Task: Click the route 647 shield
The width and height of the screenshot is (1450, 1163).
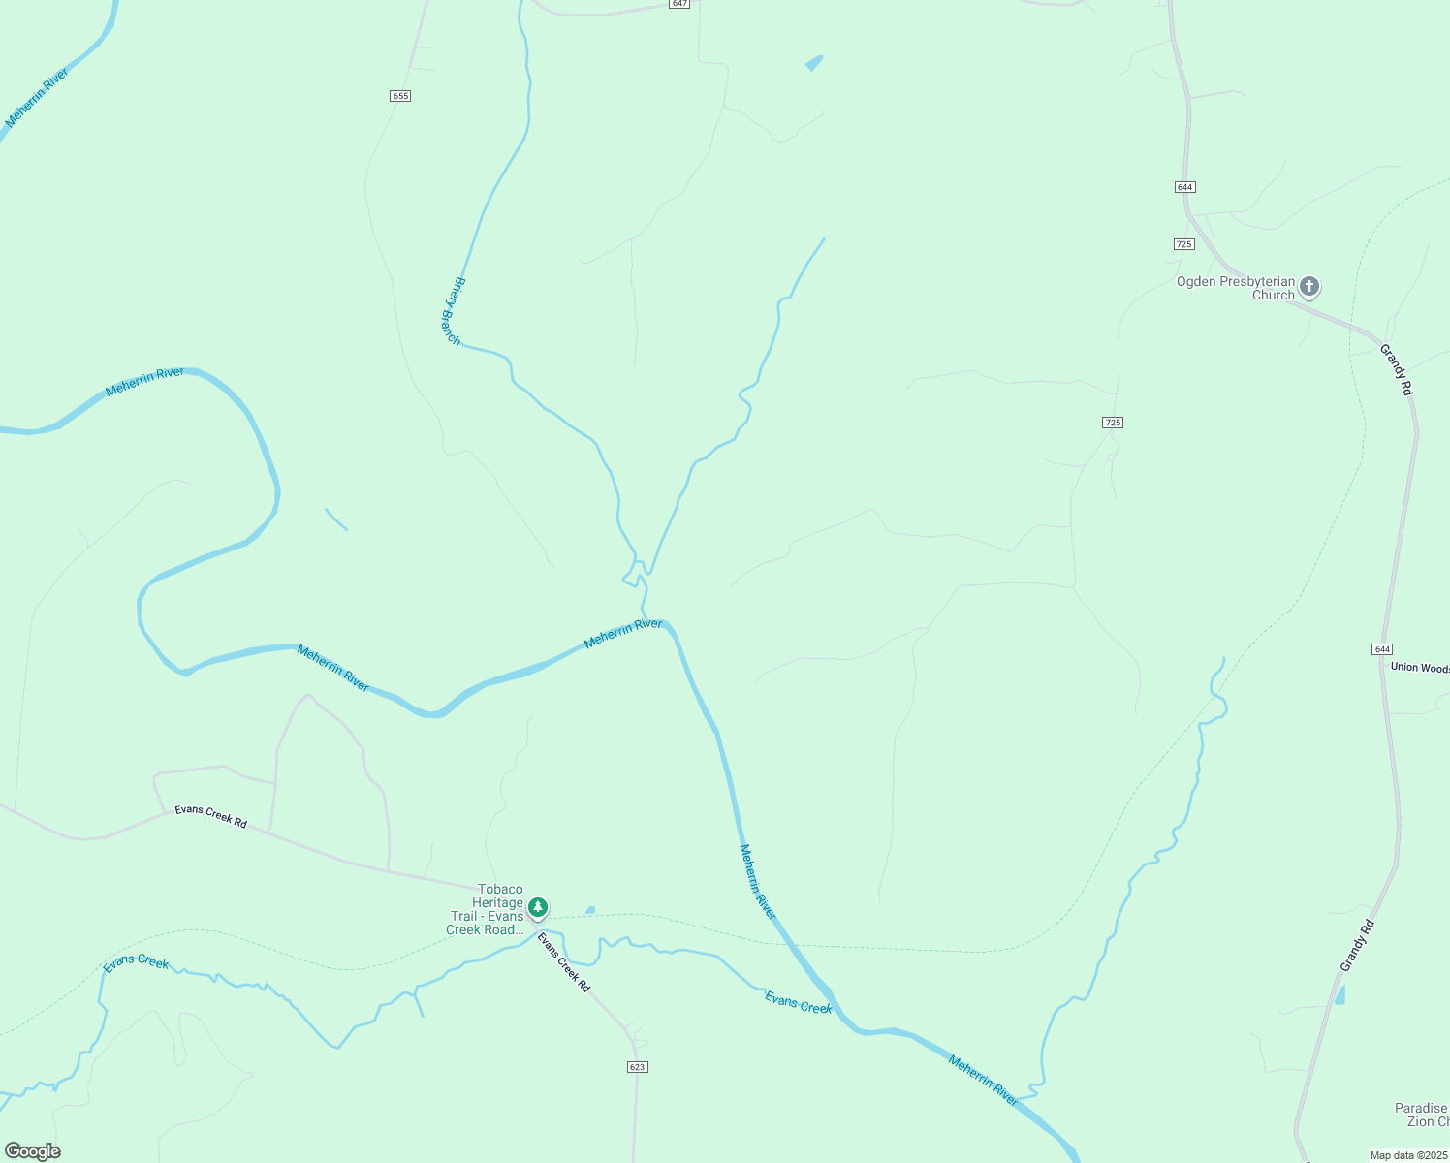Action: tap(678, 4)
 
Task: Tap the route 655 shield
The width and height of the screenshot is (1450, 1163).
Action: tap(400, 96)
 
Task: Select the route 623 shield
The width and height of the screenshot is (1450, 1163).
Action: tap(637, 1067)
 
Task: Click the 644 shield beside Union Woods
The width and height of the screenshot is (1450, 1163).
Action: tap(1382, 649)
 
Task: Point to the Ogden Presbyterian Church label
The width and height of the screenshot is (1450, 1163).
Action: tap(1235, 289)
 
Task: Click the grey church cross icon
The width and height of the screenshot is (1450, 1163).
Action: tap(1309, 286)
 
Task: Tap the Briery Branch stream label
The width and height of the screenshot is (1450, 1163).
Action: tap(453, 312)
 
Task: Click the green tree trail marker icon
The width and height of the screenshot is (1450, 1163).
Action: tap(538, 908)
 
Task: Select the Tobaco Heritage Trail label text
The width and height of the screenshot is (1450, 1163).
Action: tap(486, 910)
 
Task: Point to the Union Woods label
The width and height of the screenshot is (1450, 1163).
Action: tap(1420, 668)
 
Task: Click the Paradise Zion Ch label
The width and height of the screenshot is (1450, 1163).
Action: tap(1421, 1115)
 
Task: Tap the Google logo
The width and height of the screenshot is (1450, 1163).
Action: tap(33, 1151)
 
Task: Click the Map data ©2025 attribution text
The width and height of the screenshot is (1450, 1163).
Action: tap(1407, 1155)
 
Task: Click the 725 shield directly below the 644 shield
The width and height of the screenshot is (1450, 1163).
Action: tap(1183, 244)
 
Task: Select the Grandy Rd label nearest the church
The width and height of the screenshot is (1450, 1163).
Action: tap(1396, 369)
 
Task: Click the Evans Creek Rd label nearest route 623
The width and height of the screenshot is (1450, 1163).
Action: tap(564, 962)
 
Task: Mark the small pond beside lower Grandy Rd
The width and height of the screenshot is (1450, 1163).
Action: tap(1340, 994)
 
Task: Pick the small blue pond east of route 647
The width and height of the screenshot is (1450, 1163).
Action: tap(813, 64)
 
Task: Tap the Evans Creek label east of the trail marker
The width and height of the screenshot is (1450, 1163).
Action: tap(799, 1002)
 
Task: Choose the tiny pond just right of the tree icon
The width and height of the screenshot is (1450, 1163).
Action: tap(590, 911)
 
